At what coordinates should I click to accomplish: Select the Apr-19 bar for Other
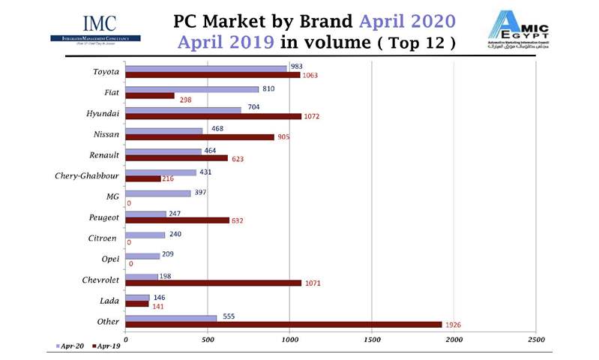pos(283,324)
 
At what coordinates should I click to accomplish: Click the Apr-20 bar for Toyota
pos(206,68)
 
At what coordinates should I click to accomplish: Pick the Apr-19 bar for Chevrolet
pos(214,283)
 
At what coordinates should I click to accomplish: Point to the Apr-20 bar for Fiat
pos(192,89)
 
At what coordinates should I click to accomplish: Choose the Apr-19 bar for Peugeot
pos(178,220)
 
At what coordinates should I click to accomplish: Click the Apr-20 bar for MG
pos(158,193)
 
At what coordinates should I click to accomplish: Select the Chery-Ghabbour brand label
pos(87,176)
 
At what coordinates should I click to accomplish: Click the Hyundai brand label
pos(104,113)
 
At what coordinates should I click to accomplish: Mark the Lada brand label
pos(109,301)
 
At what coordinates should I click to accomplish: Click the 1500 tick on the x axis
pos(372,340)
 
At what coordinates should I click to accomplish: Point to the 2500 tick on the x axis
pos(536,340)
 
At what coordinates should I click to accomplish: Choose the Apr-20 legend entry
pos(70,346)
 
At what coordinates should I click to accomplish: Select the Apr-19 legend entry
pos(106,346)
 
